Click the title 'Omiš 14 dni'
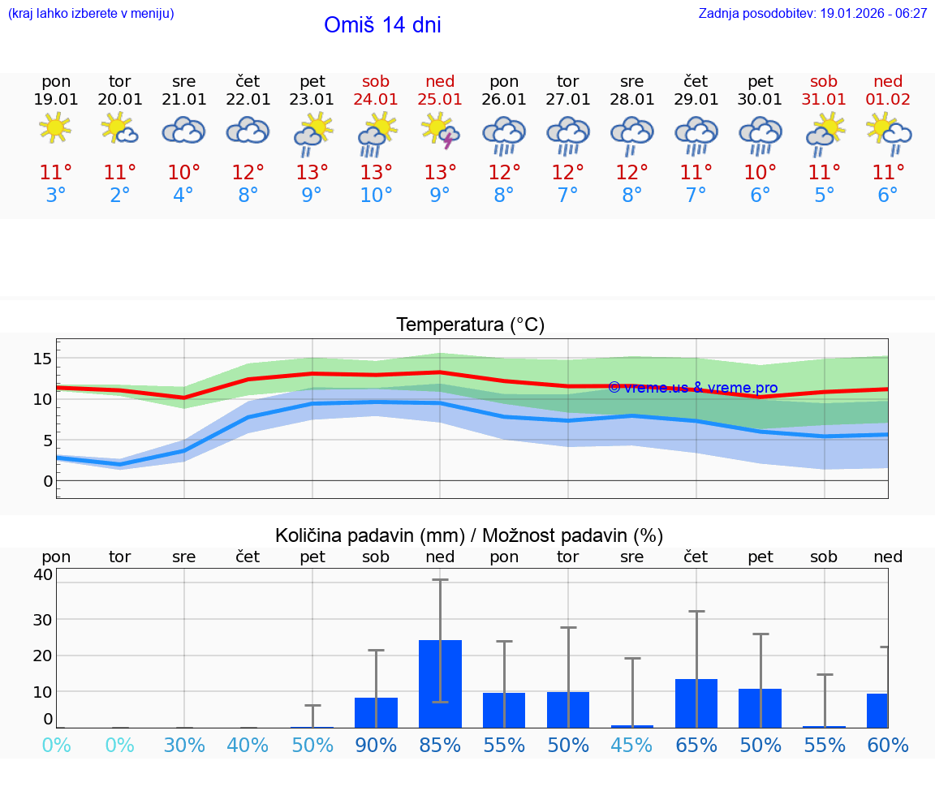pyautogui.click(x=382, y=25)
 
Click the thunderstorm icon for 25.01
pyautogui.click(x=440, y=130)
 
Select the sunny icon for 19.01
pyautogui.click(x=55, y=128)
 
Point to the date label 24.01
pyautogui.click(x=376, y=100)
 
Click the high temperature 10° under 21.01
pyautogui.click(x=183, y=172)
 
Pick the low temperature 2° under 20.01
pyautogui.click(x=119, y=195)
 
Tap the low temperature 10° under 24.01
pyautogui.click(x=376, y=195)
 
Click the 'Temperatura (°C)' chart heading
pyautogui.click(x=470, y=325)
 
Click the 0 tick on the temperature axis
pyautogui.click(x=48, y=481)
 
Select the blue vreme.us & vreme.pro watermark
pyautogui.click(x=692, y=388)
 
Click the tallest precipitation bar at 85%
pyautogui.click(x=440, y=683)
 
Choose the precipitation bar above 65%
pyautogui.click(x=696, y=703)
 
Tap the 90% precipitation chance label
pyautogui.click(x=376, y=745)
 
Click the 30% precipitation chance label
pyautogui.click(x=183, y=745)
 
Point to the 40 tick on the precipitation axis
pyautogui.click(x=43, y=574)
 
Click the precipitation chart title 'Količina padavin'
pyautogui.click(x=368, y=535)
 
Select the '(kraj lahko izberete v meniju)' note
pyautogui.click(x=91, y=13)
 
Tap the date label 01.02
pyautogui.click(x=888, y=100)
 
